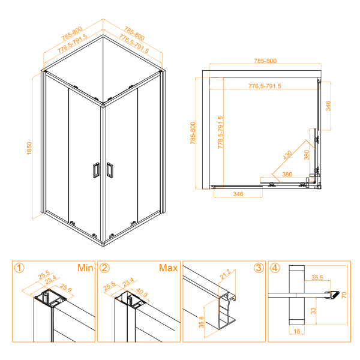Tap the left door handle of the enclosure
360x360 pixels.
[95, 170]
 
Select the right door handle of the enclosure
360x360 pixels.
[109, 170]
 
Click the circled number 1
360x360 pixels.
[20, 268]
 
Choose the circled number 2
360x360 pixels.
[105, 268]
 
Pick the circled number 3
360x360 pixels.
[259, 268]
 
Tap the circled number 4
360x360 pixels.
[275, 268]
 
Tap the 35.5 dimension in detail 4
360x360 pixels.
[318, 278]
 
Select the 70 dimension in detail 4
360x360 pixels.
[344, 294]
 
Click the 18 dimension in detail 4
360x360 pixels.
[297, 331]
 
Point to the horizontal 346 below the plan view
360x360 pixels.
[238, 195]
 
